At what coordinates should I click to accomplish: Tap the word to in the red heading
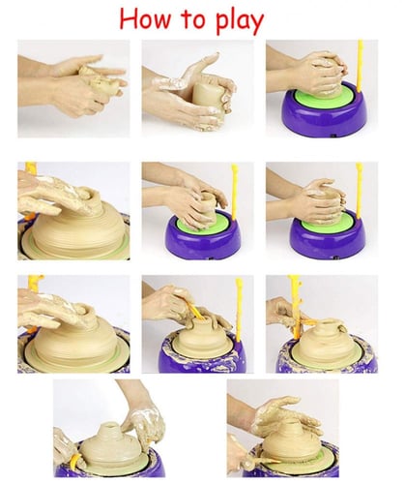193,19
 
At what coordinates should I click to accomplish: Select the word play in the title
240,22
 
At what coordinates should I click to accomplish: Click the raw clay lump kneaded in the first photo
97,79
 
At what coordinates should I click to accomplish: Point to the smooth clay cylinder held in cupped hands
207,94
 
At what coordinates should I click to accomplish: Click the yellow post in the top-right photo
360,66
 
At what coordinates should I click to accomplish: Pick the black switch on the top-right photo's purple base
334,136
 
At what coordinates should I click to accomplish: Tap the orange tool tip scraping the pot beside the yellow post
308,321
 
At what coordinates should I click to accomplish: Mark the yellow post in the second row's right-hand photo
359,190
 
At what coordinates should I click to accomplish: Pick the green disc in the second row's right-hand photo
325,222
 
